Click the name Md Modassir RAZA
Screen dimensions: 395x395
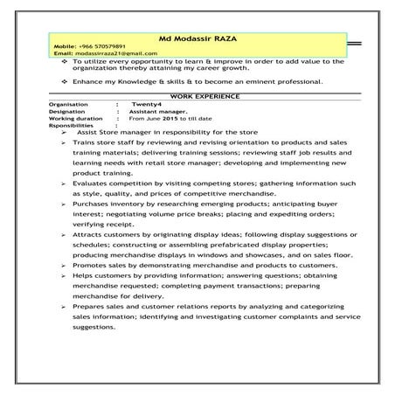click(x=197, y=39)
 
